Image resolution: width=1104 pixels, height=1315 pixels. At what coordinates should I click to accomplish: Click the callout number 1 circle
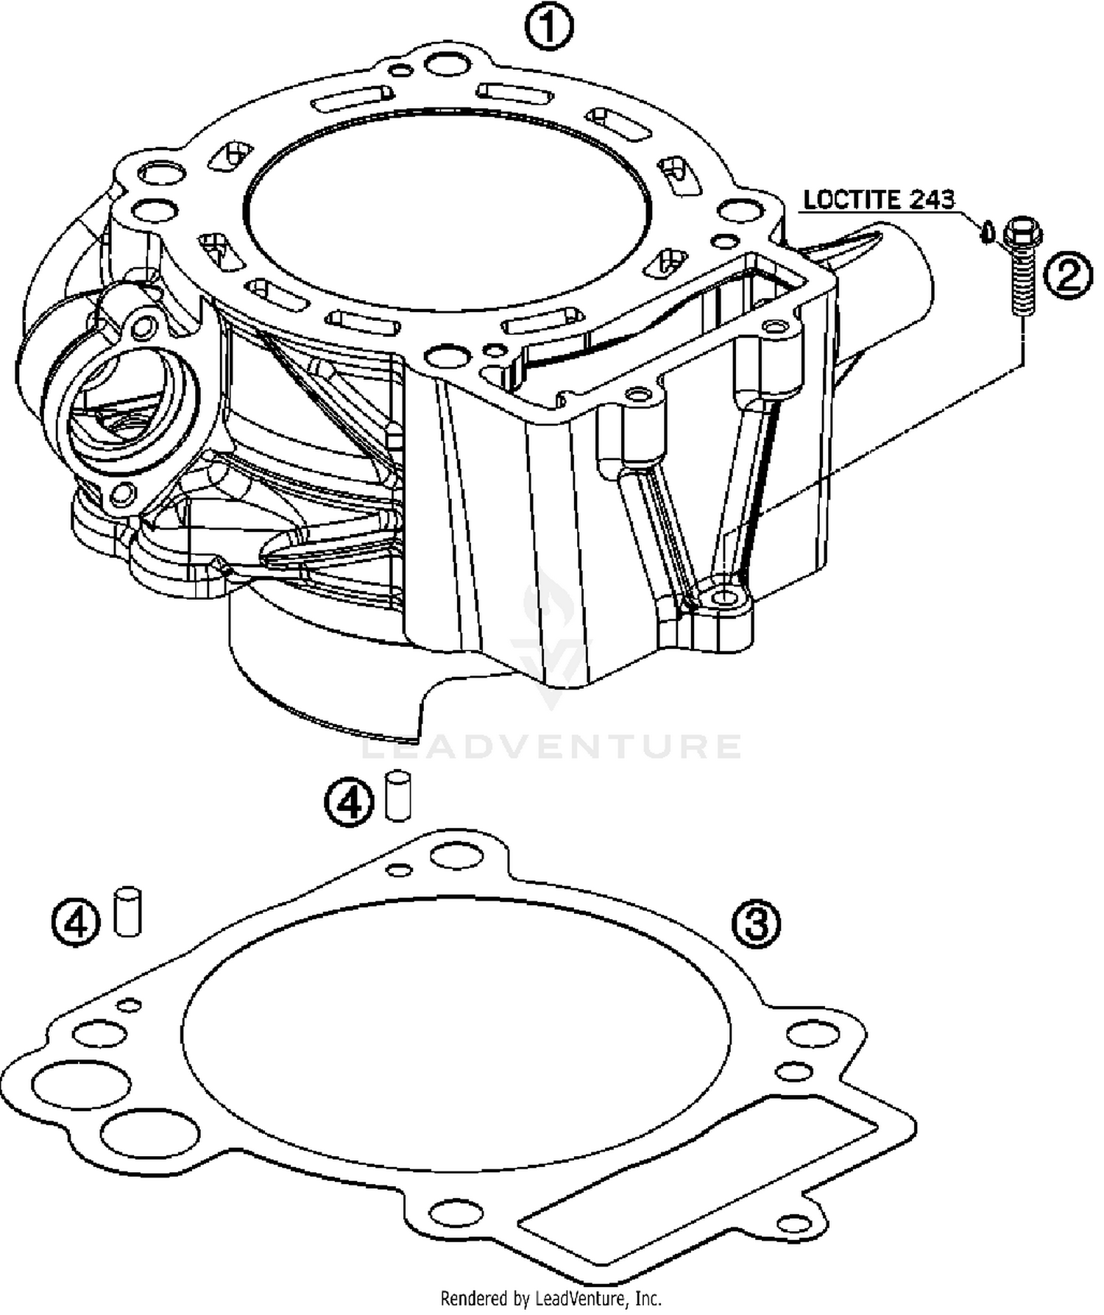[548, 28]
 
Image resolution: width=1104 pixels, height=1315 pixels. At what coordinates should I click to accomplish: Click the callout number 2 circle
[1067, 275]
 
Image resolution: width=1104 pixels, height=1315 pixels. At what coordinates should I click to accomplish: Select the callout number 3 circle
[757, 925]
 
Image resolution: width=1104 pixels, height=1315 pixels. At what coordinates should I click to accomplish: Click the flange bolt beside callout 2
[1022, 265]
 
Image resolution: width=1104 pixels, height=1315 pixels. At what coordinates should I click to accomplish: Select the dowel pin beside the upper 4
[397, 795]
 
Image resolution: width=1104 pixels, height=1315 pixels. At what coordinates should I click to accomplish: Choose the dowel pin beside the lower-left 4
[127, 912]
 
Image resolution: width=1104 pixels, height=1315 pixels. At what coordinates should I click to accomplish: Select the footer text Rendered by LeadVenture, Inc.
[551, 1297]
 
